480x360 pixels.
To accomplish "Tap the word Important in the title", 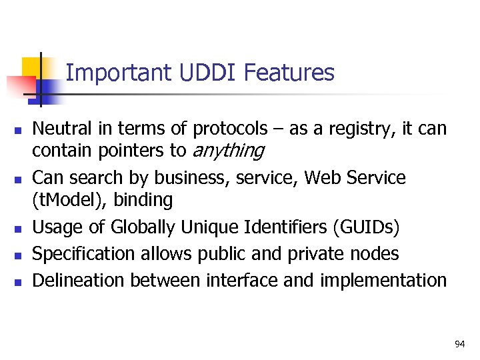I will pyautogui.click(x=120, y=73).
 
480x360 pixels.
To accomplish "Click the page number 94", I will pyautogui.click(x=459, y=344).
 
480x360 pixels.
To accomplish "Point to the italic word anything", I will pyautogui.click(x=227, y=151).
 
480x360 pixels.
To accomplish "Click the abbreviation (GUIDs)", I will pyautogui.click(x=365, y=227).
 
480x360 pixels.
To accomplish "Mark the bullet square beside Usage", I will pyautogui.click(x=17, y=229).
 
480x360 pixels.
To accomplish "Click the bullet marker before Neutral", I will pyautogui.click(x=17, y=129).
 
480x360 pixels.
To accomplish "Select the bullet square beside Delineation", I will pyautogui.click(x=17, y=281).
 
